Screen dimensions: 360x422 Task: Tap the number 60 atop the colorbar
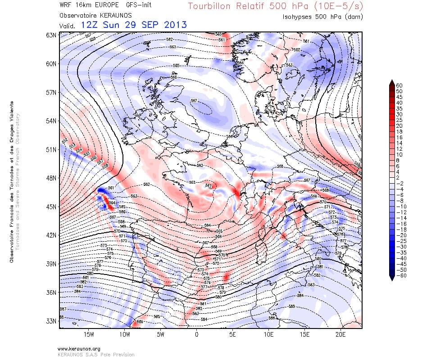pos(399,85)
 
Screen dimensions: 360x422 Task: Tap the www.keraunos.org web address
pos(79,349)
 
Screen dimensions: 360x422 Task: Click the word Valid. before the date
pos(67,26)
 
